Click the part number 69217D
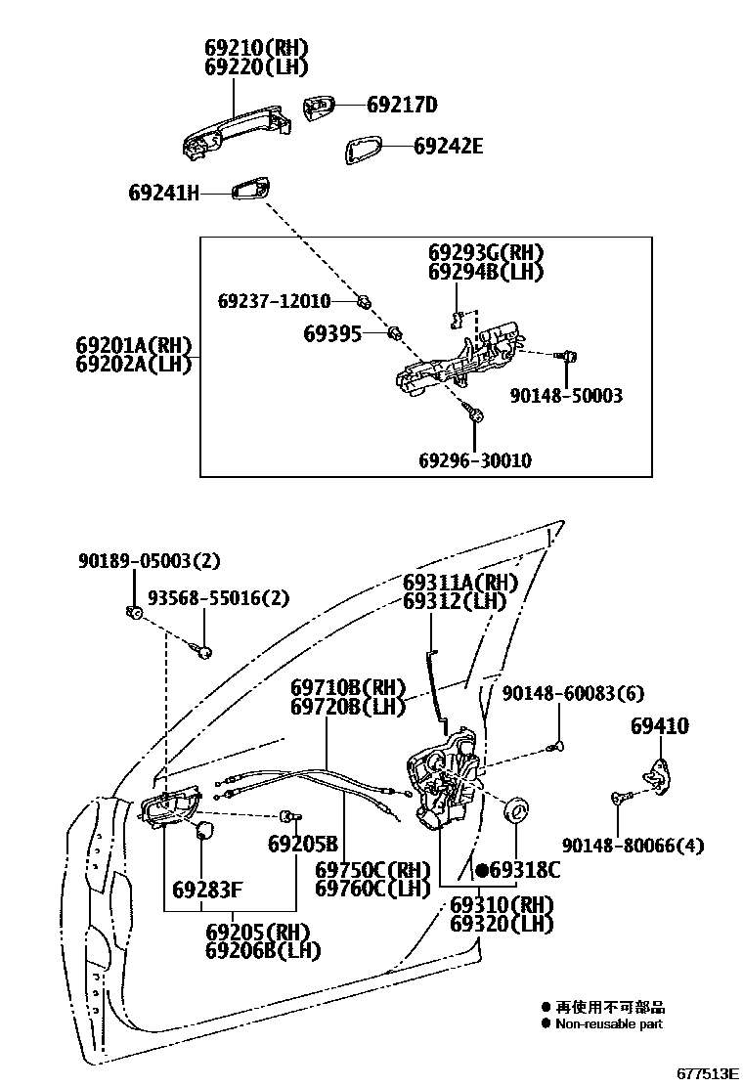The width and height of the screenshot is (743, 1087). [x=402, y=106]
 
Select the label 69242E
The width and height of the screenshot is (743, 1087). [x=448, y=148]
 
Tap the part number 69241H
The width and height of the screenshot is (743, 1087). [x=163, y=194]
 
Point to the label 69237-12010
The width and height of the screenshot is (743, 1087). [x=274, y=300]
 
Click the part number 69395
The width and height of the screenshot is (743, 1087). [x=331, y=335]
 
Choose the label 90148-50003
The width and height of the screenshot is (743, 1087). [x=566, y=396]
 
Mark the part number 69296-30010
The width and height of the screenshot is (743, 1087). [x=475, y=460]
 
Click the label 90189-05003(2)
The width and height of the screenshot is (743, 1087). [x=150, y=561]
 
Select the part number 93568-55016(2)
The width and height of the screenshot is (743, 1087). [x=205, y=598]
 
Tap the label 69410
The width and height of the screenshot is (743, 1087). [x=659, y=726]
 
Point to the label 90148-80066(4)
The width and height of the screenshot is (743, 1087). [x=633, y=846]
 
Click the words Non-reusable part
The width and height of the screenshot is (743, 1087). [x=608, y=1024]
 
